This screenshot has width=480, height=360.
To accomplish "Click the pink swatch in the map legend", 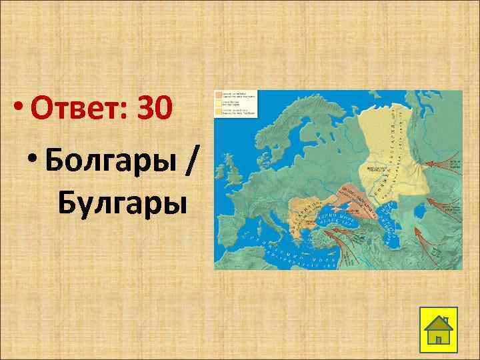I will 218,95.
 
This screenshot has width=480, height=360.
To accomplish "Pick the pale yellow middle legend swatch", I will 218,104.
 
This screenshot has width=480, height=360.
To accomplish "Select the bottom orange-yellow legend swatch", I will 218,113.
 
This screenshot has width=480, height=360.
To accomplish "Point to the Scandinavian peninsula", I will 293,133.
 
